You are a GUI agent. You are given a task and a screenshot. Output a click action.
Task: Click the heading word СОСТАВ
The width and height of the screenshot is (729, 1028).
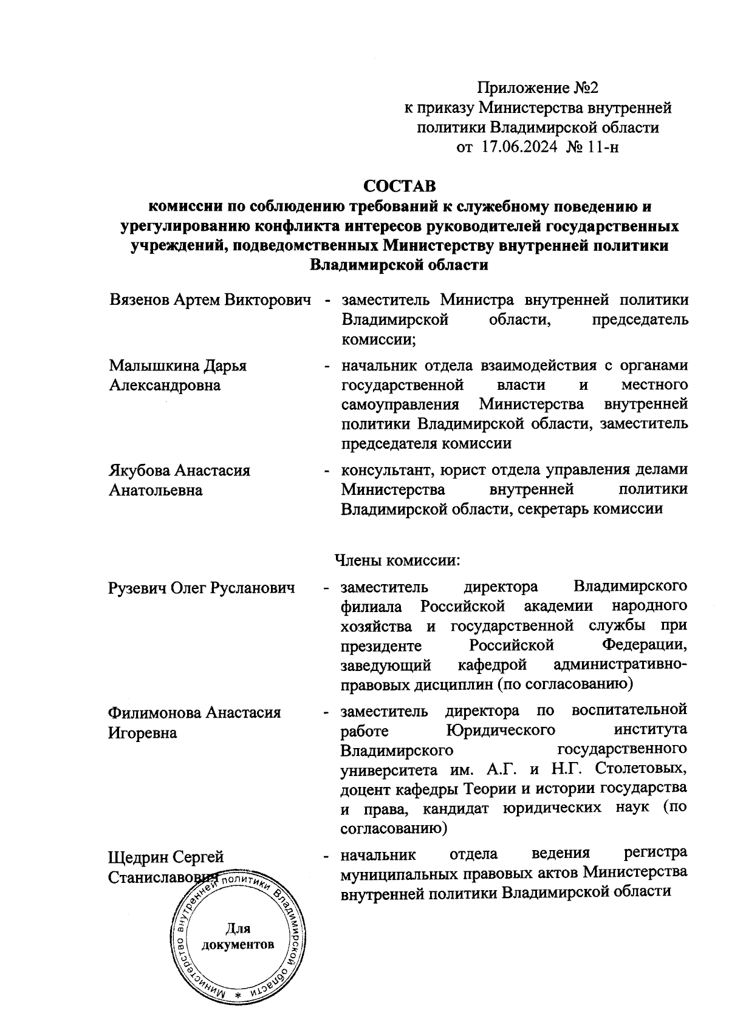tap(400, 185)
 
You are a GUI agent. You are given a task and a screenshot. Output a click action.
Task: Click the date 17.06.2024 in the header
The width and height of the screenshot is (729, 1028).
tap(520, 146)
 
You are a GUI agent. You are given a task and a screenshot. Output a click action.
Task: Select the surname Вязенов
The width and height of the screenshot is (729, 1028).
tap(139, 300)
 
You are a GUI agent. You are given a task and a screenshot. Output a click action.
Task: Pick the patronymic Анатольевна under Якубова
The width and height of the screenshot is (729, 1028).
tap(156, 490)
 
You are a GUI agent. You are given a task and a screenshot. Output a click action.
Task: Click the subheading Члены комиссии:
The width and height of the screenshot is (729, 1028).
tap(397, 559)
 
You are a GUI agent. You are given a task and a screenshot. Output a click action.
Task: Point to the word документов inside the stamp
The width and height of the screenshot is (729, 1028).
tap(238, 945)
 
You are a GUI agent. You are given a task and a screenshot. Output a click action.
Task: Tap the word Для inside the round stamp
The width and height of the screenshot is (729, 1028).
tap(238, 928)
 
